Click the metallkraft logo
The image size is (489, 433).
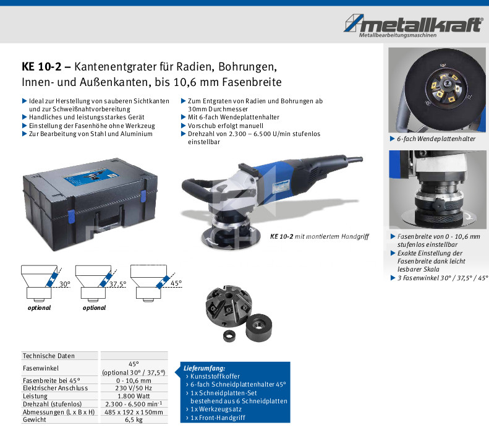coord(414,26)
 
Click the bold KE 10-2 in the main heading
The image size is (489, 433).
coord(41,67)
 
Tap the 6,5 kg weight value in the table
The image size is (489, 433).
coord(134,420)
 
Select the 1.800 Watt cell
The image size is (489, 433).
coord(134,396)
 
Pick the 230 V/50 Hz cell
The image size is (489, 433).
coord(134,388)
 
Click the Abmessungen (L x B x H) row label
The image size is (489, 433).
coord(59,412)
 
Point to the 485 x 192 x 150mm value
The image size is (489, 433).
coord(134,412)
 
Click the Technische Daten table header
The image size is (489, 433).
coord(49,356)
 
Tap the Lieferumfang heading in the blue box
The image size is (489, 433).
coord(204,368)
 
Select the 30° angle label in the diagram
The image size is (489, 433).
coord(65,284)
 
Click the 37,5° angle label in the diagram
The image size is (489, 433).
coord(117,284)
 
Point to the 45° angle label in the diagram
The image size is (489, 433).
coord(176,283)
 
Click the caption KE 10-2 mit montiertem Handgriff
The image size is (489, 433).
coord(320,236)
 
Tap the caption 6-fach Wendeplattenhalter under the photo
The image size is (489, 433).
coord(436,139)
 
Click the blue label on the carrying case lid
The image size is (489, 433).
coord(91,177)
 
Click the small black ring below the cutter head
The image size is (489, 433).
coord(231,337)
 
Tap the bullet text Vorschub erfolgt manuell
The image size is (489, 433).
coord(226,126)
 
